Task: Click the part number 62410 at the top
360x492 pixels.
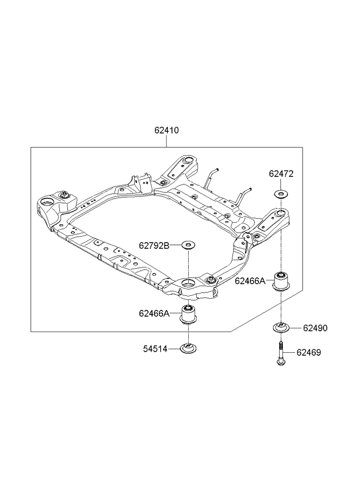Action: pyautogui.click(x=166, y=131)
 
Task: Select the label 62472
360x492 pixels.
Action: pyautogui.click(x=281, y=173)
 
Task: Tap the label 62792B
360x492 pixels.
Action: pyautogui.click(x=153, y=245)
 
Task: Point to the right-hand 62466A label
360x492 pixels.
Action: pyautogui.click(x=250, y=281)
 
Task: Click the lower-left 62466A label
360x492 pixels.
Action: pyautogui.click(x=153, y=313)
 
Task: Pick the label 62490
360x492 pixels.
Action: pyautogui.click(x=315, y=328)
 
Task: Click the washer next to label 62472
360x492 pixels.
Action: pyautogui.click(x=281, y=194)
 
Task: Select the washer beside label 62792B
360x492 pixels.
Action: pyautogui.click(x=189, y=245)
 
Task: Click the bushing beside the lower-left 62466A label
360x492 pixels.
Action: pyautogui.click(x=189, y=314)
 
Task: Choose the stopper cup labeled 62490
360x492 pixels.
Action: pyautogui.click(x=281, y=328)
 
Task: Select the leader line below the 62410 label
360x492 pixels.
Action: pyautogui.click(x=166, y=141)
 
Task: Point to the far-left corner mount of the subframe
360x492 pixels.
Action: pyautogui.click(x=47, y=204)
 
